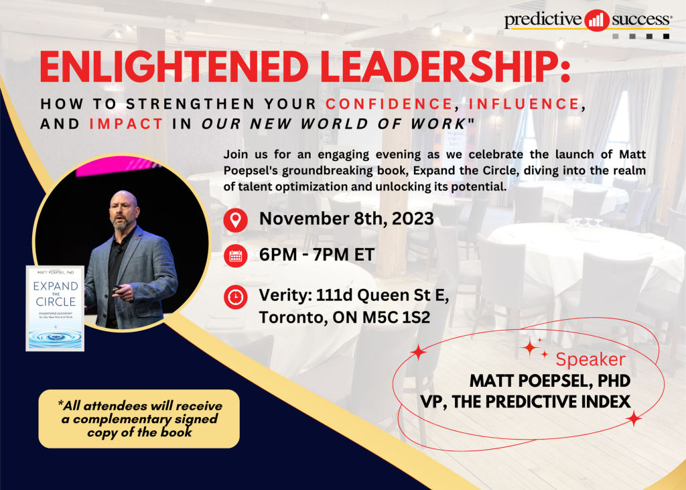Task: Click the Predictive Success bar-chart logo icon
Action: coord(596,20)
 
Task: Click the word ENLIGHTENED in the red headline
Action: coord(174,67)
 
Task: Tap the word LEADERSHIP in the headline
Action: coord(440,67)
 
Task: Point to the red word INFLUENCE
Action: coord(525,104)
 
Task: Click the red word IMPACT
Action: coord(126,124)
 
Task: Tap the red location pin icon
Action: coord(235,219)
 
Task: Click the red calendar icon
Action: coord(235,256)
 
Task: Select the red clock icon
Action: coord(235,297)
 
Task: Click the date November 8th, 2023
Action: coord(346,219)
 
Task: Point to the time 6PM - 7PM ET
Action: coord(317,255)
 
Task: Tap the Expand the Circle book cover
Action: coord(55,308)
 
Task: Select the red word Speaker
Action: coord(591,359)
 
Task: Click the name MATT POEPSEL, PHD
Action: coord(550,381)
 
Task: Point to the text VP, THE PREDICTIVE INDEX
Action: coord(525,402)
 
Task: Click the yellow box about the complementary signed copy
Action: coord(139,419)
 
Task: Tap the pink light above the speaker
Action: coord(118,166)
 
